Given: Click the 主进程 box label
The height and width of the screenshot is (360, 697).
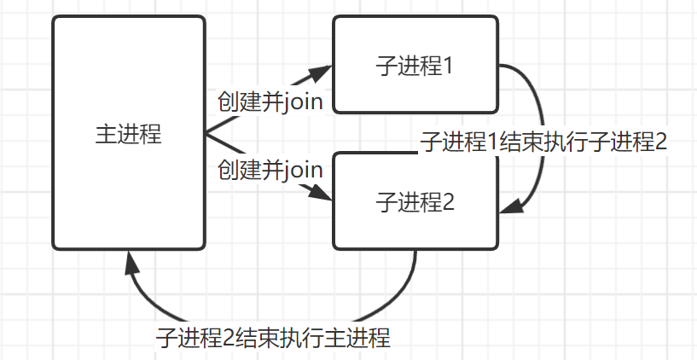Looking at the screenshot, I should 128,134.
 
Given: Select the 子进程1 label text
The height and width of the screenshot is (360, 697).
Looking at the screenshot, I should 415,66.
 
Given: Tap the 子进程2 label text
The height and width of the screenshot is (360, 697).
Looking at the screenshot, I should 415,202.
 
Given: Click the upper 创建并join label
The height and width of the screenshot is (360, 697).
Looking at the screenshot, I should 270,102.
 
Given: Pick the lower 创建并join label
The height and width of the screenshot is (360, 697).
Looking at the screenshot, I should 270,169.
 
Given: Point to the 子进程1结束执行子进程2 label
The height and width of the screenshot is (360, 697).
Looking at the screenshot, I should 543,142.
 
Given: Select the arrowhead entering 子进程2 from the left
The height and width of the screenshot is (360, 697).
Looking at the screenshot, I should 322,195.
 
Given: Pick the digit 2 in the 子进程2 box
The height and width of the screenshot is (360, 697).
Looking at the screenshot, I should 449,202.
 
